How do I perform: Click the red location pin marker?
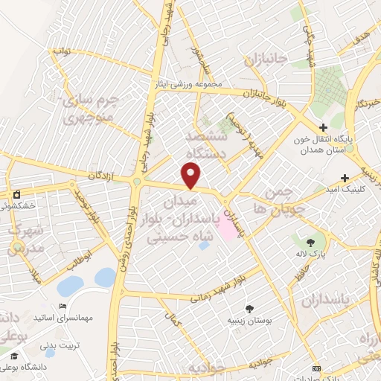pos(192,176)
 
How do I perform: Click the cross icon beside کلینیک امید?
pos(345,178)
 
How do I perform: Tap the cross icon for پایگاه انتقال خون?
pos(323,128)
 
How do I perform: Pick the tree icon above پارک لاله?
pos(310,243)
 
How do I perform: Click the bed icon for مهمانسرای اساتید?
pos(63,307)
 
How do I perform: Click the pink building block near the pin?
pos(228,227)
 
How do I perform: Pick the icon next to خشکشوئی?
pos(16,195)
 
